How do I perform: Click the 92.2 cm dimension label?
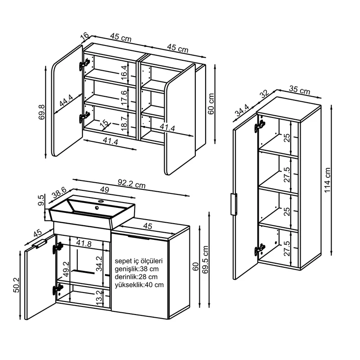[x=131, y=184]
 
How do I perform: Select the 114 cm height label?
[x=328, y=180]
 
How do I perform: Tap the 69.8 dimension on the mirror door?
[x=42, y=112]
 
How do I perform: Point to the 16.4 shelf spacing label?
[x=124, y=72]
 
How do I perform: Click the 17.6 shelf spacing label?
[x=124, y=98]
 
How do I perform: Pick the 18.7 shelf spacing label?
[x=124, y=123]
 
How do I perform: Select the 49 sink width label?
[x=104, y=189]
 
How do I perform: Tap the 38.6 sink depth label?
[x=59, y=193]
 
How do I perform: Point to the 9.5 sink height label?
[x=40, y=200]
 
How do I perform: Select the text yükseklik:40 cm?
[x=139, y=285]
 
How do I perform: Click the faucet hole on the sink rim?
[x=100, y=201]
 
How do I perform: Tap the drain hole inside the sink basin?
[x=97, y=208]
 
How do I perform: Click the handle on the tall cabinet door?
[x=234, y=204]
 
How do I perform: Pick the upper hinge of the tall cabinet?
[x=260, y=126]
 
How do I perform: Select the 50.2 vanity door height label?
[x=17, y=285]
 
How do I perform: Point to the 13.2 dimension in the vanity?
[x=99, y=298]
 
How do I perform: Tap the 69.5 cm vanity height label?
[x=205, y=260]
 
